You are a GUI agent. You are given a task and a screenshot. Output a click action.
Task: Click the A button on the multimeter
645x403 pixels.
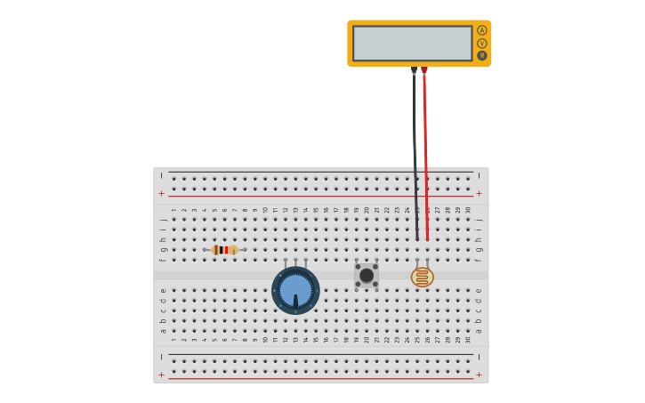coord(482,30)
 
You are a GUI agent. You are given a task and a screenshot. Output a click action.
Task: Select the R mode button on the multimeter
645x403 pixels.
coord(482,55)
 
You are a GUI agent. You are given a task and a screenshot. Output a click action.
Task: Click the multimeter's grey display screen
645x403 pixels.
coord(412,43)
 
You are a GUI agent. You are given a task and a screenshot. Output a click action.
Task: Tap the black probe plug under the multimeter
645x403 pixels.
coord(414,70)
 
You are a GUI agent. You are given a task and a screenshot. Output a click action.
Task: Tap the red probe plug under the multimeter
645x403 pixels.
coord(424,70)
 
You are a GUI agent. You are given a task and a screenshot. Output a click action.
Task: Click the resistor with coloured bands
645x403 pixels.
coord(224,250)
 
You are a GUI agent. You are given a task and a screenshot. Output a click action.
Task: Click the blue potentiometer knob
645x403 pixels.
coord(295,290)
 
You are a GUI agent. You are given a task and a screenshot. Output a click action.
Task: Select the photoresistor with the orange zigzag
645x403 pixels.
coord(422,277)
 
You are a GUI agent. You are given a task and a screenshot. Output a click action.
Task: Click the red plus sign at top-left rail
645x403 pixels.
coord(162,193)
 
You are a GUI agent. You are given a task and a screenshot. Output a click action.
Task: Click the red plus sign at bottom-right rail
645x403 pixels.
coord(479,375)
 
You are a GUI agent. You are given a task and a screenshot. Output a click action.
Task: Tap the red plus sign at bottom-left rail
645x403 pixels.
coord(162,375)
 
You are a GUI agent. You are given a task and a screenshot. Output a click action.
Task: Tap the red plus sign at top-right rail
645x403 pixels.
coord(479,193)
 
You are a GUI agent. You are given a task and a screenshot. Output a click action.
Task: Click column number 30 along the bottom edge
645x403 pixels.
coord(468,339)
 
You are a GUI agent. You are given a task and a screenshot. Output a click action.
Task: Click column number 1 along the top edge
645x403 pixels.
coord(173,210)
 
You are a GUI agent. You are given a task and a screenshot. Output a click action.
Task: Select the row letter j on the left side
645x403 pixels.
coord(163,219)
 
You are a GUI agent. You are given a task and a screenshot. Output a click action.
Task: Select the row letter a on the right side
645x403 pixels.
coord(478,331)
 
